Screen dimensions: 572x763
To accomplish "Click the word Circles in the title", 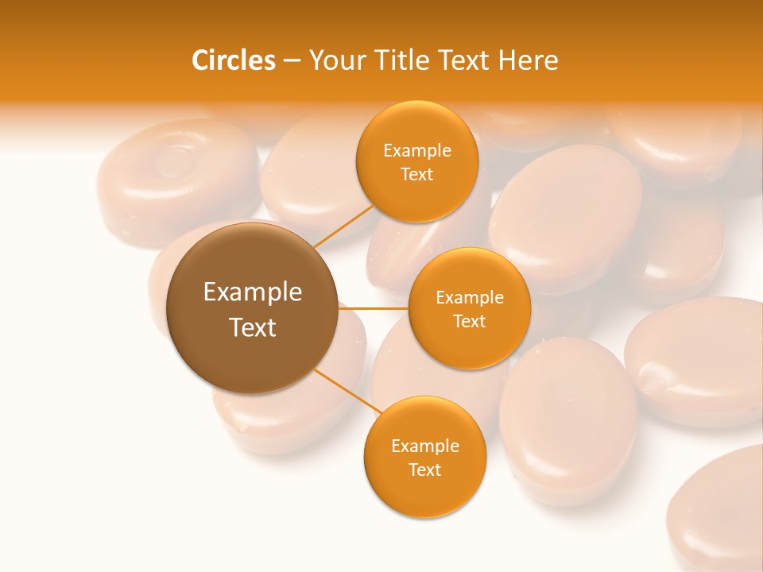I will [233, 60].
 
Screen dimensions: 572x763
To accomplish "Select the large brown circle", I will [252, 308].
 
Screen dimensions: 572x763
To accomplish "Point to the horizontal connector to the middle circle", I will [374, 308].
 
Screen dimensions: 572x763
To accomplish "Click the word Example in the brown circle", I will [252, 292].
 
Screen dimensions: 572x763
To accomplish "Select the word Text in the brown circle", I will [252, 327].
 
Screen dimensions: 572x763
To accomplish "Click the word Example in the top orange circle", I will [416, 150].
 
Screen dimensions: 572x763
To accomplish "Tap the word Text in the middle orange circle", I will [469, 321].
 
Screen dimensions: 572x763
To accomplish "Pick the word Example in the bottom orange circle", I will [424, 446].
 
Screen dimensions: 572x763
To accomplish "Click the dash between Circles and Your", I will [291, 60].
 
